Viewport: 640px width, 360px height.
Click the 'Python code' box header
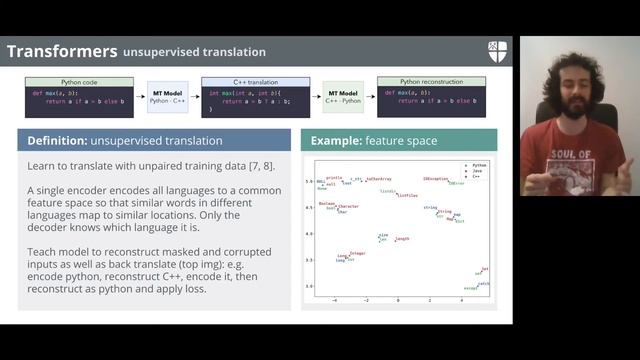click(77, 80)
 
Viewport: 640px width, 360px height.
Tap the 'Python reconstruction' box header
click(431, 80)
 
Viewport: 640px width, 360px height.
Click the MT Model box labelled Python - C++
click(167, 97)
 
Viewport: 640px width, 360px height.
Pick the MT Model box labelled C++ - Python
click(343, 97)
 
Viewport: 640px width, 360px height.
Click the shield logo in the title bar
click(498, 50)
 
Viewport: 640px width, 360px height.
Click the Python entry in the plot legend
click(479, 164)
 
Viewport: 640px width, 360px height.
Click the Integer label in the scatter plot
click(357, 253)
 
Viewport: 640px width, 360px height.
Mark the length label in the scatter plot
click(402, 239)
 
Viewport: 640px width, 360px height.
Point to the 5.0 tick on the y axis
click(309, 181)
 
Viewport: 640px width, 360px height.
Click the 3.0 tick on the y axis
click(309, 286)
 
